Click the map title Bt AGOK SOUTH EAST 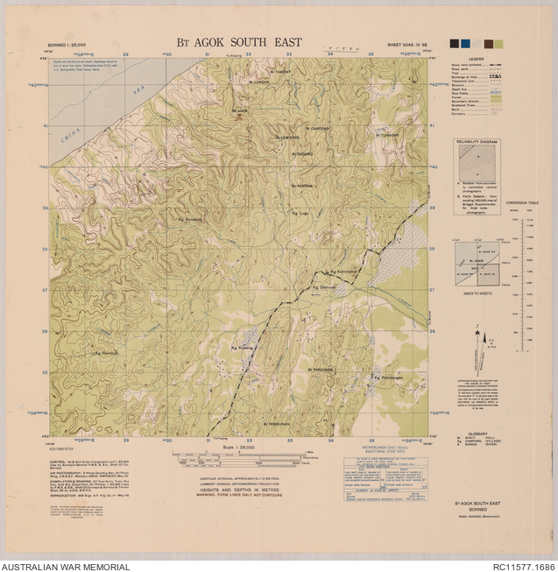pos(233,42)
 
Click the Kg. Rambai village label pos(104,353)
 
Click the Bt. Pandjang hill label pos(322,370)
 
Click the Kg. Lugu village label pos(300,213)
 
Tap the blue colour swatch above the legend pos(465,44)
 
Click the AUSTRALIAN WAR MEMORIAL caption pos(66,566)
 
